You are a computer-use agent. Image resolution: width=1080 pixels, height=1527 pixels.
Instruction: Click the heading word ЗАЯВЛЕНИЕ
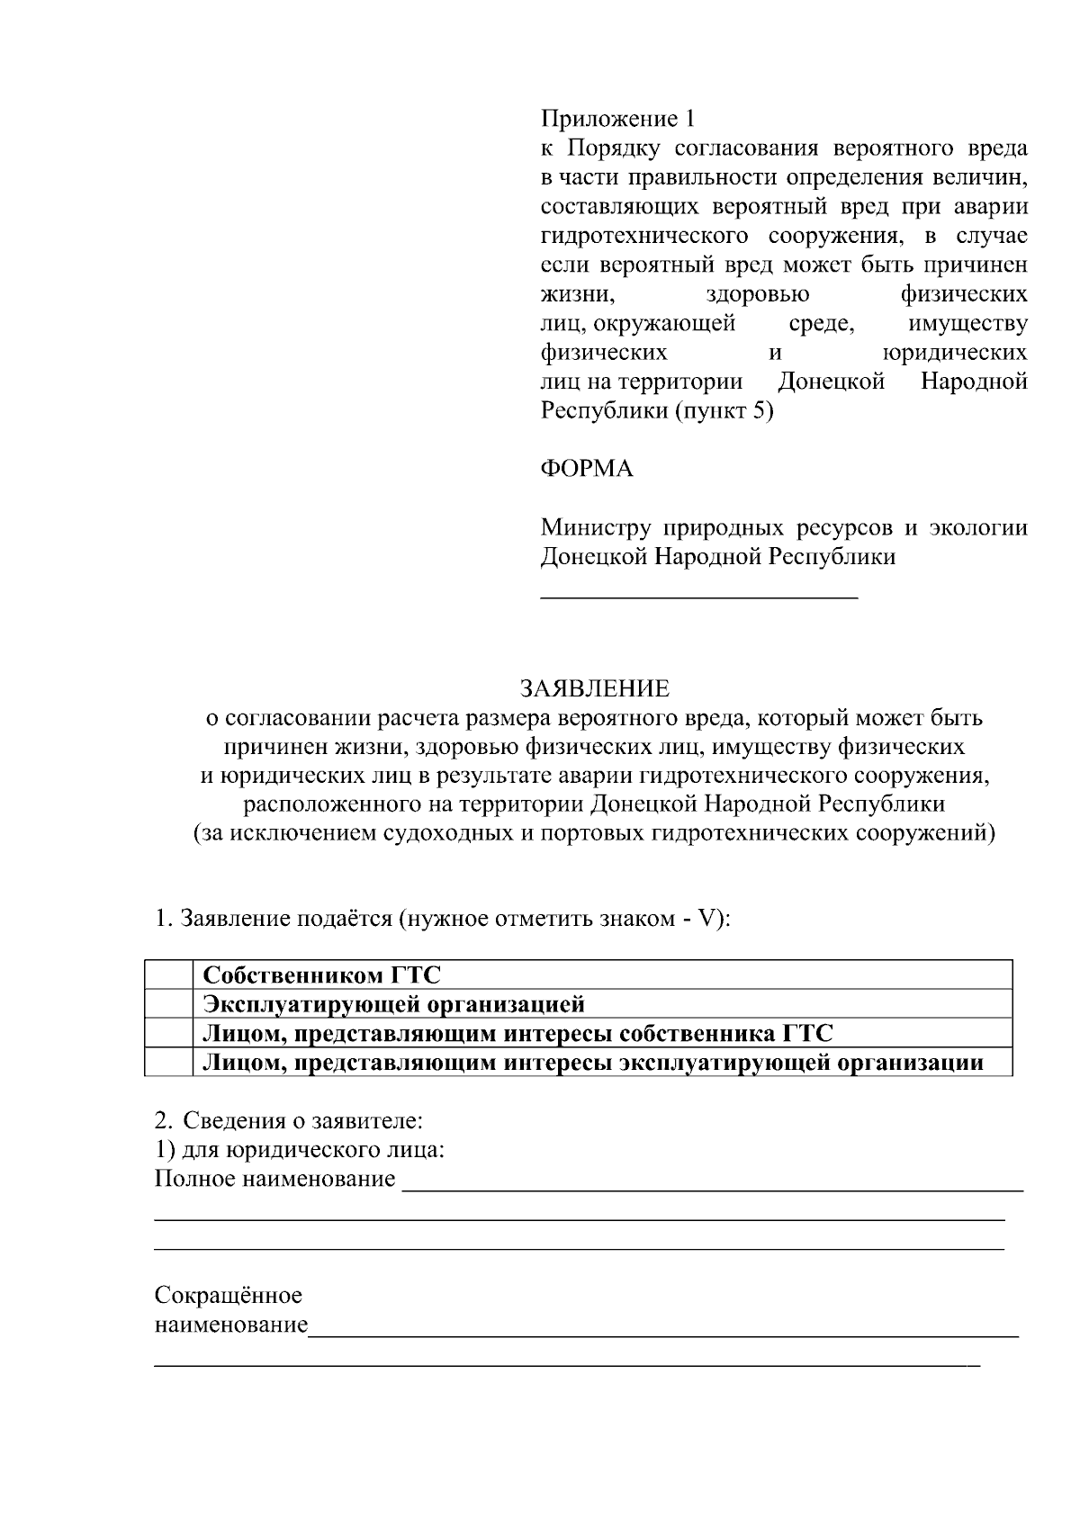(x=595, y=689)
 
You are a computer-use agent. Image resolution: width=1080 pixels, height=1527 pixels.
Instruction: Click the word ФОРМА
(x=586, y=469)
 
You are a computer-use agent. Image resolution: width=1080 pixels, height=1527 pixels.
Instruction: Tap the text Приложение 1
(x=617, y=119)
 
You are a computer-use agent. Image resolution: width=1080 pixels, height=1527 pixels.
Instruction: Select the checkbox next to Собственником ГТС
(x=169, y=975)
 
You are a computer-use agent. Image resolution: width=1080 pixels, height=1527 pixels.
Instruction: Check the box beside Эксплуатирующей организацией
(x=169, y=1003)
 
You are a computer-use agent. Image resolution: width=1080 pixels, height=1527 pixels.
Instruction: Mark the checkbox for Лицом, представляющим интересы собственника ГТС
(x=169, y=1033)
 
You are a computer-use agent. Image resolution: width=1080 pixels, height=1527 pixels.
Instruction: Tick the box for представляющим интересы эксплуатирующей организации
(x=169, y=1063)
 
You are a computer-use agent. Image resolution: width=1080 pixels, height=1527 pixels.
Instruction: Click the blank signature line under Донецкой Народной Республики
(x=698, y=595)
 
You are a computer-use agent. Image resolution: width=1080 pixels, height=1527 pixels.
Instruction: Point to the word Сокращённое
(x=228, y=1296)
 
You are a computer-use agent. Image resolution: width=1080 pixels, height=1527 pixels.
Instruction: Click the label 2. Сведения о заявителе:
(x=288, y=1121)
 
